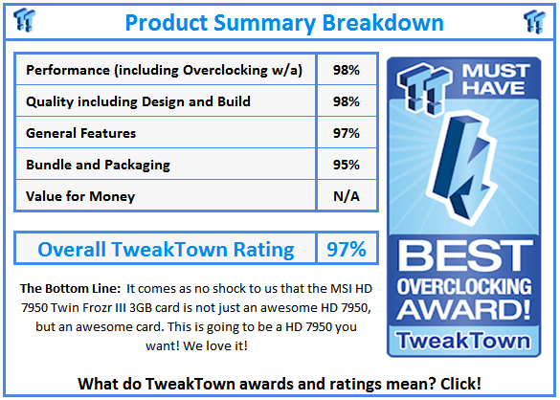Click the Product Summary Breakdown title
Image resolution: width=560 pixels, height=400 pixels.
(x=283, y=21)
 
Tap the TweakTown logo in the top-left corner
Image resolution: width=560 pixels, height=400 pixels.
(x=27, y=20)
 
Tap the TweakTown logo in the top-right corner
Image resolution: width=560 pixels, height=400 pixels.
(x=533, y=20)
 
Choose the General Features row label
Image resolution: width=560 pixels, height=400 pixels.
(x=81, y=133)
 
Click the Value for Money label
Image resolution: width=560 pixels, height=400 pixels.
(x=80, y=196)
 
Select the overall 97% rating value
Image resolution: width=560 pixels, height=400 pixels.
(x=346, y=250)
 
